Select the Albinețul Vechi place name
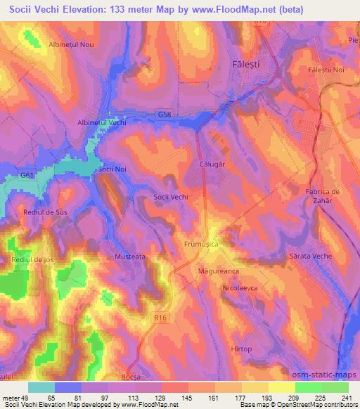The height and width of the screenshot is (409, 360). tap(101, 122)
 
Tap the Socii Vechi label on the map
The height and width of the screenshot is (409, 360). tap(171, 198)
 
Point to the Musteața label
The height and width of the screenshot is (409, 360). tap(129, 257)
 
